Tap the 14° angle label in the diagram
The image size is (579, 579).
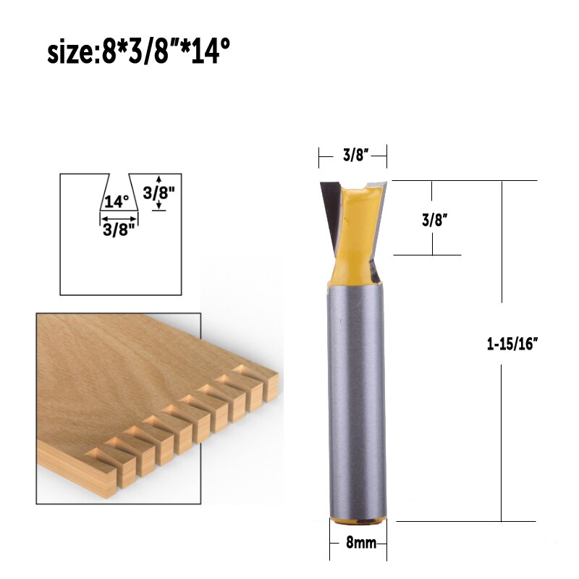pyautogui.click(x=116, y=200)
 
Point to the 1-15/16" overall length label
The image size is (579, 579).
pyautogui.click(x=514, y=345)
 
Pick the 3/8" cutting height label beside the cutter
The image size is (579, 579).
pyautogui.click(x=433, y=220)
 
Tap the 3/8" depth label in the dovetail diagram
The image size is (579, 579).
pyautogui.click(x=160, y=193)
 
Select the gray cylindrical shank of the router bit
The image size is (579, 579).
pyautogui.click(x=356, y=398)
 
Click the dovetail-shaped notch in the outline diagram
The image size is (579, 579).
pyautogui.click(x=118, y=192)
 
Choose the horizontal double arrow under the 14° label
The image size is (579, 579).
pyautogui.click(x=118, y=218)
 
